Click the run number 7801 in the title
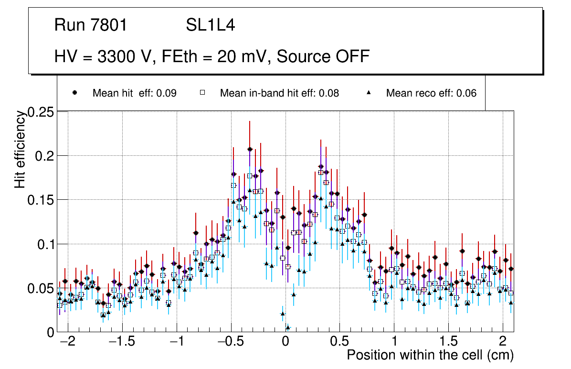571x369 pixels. coord(110,25)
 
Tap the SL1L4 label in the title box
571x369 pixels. coord(210,25)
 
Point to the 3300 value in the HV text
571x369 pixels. coord(116,56)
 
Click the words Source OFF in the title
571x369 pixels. coord(323,56)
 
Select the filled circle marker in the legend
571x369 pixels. coord(74,93)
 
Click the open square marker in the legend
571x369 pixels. coord(202,93)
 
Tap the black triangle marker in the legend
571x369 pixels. coord(369,93)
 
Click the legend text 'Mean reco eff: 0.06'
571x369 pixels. coord(431,93)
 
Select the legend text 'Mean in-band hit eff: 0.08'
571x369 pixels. coord(279,93)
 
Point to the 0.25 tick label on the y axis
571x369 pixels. coord(41,113)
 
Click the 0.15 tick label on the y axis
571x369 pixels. coord(41,200)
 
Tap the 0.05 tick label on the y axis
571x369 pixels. coord(41,288)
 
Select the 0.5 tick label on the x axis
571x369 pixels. coord(339,342)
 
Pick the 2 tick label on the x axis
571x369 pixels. coord(502,342)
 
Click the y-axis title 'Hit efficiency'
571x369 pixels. coord(20,149)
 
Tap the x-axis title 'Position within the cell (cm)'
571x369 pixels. coord(430,356)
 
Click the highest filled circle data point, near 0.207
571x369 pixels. coord(250,149)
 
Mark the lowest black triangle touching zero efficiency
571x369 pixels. coord(288,327)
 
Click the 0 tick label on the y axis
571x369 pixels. coord(51,332)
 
